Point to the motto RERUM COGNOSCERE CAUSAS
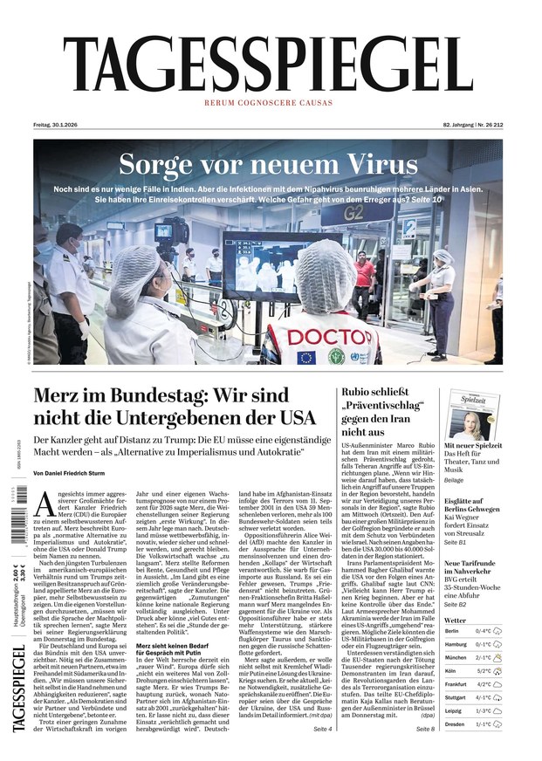point(268,103)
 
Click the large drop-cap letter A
point(46,507)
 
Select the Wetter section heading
point(456,620)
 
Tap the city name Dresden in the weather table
point(455,724)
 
